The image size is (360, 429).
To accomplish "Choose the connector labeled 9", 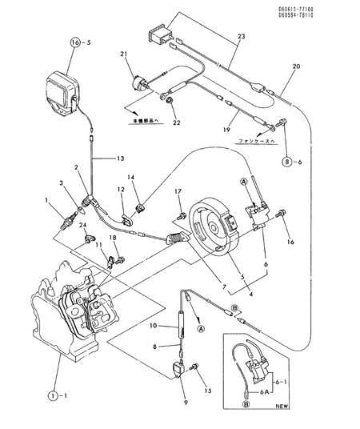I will (x=174, y=369).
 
